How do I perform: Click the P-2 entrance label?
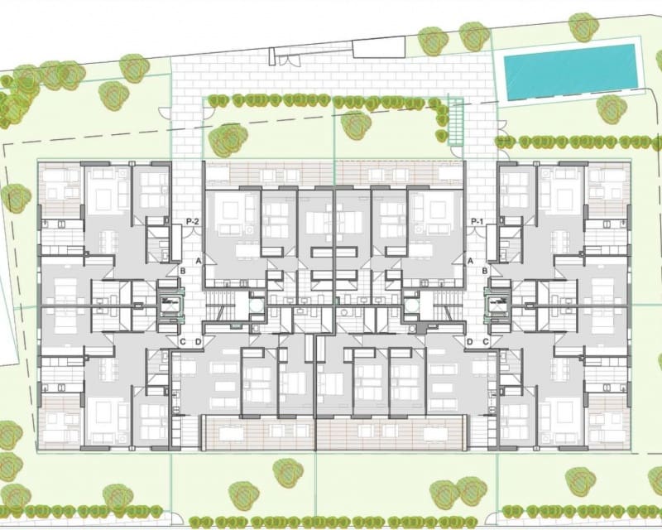(x=194, y=222)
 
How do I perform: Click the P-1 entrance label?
(x=477, y=222)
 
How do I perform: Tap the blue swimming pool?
(x=570, y=71)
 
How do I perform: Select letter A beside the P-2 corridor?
(x=199, y=261)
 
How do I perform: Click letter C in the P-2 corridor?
(x=182, y=342)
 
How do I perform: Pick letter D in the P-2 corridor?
(x=199, y=342)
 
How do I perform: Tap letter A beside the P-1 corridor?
(x=470, y=261)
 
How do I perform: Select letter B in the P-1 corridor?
(x=486, y=270)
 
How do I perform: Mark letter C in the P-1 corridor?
(x=486, y=342)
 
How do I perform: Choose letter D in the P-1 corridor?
(x=470, y=342)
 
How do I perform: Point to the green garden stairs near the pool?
(x=454, y=123)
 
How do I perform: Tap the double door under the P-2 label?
(x=191, y=234)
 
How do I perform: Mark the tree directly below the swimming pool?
(x=610, y=108)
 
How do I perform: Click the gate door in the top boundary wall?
(x=286, y=59)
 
